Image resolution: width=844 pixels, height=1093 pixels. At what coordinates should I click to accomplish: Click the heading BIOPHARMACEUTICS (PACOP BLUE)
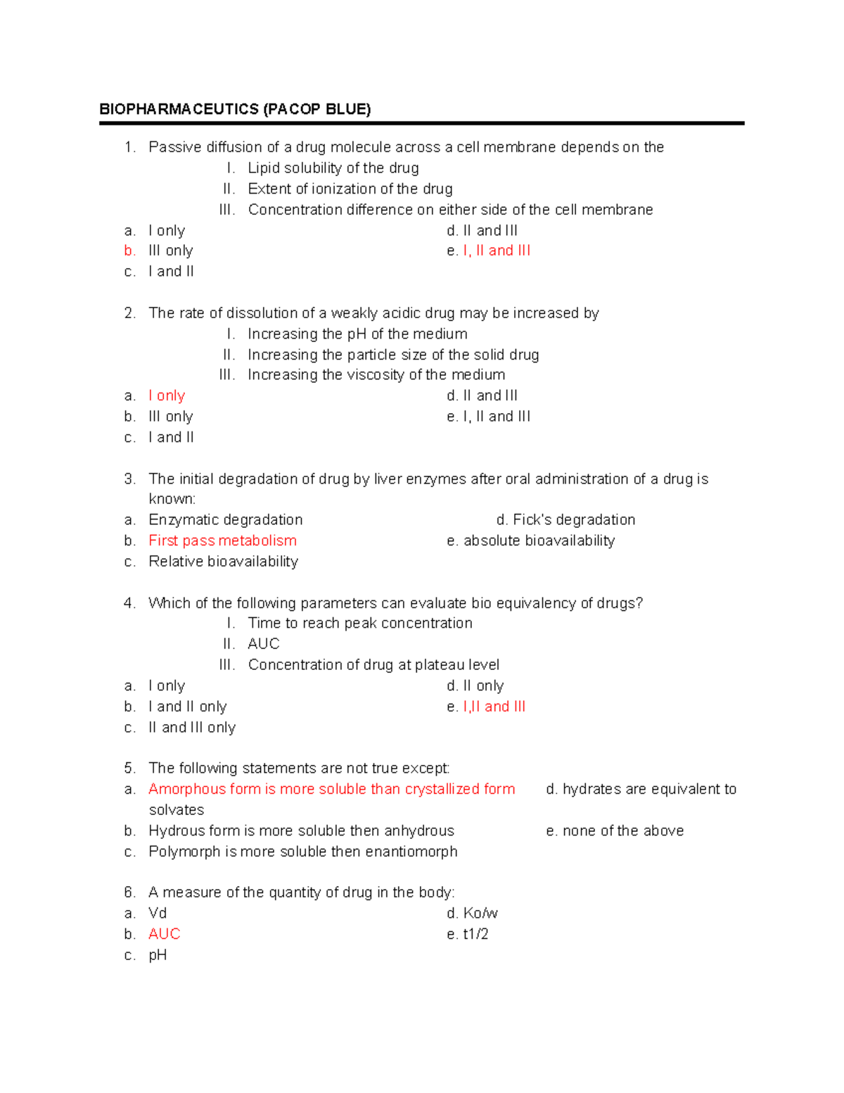(235, 109)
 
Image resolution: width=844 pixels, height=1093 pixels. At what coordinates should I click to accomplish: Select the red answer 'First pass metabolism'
(222, 541)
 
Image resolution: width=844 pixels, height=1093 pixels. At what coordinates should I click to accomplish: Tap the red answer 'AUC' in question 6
(165, 934)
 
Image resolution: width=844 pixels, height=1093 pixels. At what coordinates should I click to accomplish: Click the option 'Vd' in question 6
(158, 913)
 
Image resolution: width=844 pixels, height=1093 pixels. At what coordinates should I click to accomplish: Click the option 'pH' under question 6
(158, 955)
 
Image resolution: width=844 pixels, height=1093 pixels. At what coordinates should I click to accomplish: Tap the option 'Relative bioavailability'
(223, 562)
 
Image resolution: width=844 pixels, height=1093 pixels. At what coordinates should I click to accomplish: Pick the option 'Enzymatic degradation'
(225, 519)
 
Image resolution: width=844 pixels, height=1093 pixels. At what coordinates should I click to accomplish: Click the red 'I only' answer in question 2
(167, 396)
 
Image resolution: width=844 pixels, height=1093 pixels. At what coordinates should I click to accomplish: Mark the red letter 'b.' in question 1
(129, 251)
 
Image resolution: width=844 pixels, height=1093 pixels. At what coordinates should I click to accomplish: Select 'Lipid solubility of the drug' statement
(333, 168)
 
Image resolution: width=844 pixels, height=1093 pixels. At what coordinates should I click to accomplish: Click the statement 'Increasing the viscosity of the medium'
(376, 375)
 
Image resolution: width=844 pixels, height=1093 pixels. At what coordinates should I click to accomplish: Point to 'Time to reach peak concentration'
(360, 623)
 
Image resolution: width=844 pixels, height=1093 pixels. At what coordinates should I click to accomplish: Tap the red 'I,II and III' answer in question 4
(494, 707)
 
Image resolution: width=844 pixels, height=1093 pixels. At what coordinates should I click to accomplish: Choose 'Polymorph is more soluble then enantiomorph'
(302, 852)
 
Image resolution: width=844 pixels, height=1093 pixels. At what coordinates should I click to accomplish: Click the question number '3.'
(129, 479)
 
